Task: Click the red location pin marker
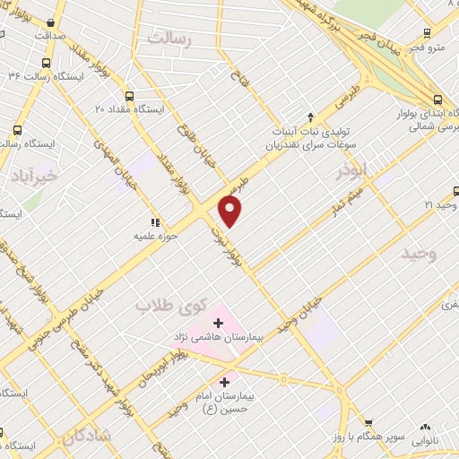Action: [x=230, y=212]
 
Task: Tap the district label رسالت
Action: [x=169, y=39]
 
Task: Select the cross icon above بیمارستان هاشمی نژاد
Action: [x=219, y=322]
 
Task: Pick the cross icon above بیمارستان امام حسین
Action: [x=224, y=382]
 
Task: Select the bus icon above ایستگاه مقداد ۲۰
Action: [x=130, y=95]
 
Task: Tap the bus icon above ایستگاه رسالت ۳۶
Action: [x=46, y=63]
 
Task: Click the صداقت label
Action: [x=53, y=37]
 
